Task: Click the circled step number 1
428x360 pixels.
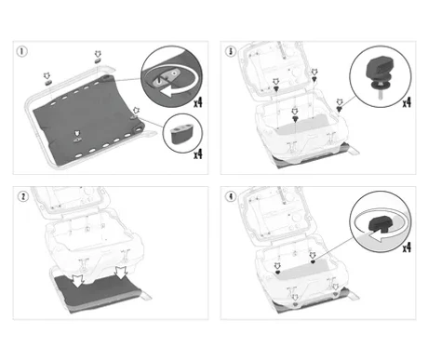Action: pos(21,51)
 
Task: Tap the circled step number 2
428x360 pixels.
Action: pos(22,196)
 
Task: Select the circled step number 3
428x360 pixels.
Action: pos(231,51)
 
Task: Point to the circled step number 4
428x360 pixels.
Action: pos(231,196)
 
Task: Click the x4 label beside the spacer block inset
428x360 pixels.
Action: pos(198,153)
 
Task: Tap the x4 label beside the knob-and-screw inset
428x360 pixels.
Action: pos(407,102)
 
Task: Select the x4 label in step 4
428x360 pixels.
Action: pos(407,247)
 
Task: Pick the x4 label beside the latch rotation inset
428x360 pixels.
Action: pos(198,102)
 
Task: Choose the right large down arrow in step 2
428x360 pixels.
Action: pos(121,273)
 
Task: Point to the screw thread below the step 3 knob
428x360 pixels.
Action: pos(380,94)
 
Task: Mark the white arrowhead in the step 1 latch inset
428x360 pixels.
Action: pos(164,91)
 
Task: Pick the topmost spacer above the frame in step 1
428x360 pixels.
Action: pos(98,60)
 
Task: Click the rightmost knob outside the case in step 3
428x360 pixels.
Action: pos(340,108)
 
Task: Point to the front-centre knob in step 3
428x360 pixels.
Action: pos(295,118)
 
